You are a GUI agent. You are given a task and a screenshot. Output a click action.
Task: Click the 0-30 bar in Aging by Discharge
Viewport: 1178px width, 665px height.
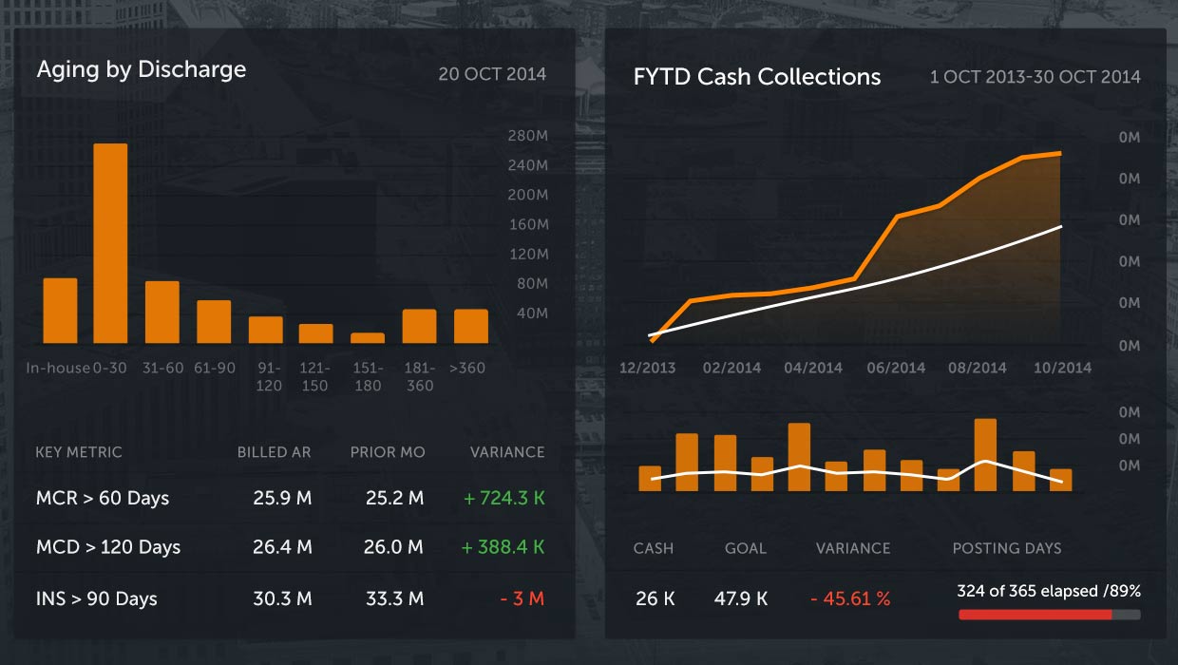[110, 243]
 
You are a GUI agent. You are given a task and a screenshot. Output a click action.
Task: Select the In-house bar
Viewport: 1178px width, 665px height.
[60, 311]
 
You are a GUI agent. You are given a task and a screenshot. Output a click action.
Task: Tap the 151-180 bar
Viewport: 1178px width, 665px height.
[368, 337]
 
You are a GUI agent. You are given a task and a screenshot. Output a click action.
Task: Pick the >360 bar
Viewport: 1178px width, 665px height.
[471, 326]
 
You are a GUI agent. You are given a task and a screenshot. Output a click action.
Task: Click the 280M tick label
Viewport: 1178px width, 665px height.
[528, 136]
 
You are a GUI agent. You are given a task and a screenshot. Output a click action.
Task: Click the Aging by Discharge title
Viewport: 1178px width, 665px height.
[142, 69]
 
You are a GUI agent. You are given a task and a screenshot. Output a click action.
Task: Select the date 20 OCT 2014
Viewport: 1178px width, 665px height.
[492, 74]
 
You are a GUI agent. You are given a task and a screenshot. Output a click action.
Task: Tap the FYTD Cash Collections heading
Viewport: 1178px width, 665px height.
[757, 77]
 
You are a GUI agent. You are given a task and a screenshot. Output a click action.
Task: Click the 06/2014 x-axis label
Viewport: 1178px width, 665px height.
[896, 368]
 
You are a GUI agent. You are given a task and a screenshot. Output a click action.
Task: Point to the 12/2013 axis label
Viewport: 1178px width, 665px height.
[647, 368]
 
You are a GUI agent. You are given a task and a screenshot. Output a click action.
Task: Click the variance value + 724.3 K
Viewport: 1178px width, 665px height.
[503, 498]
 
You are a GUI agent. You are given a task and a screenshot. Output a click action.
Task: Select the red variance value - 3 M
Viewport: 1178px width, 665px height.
[522, 598]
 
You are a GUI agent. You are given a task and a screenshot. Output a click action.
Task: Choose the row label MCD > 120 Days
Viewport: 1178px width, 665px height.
[108, 548]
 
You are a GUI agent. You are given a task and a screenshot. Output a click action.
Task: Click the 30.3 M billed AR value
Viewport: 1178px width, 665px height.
[282, 598]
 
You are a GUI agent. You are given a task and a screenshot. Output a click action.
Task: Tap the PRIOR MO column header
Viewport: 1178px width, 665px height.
[388, 452]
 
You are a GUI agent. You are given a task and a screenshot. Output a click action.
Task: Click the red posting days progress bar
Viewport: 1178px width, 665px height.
[1035, 615]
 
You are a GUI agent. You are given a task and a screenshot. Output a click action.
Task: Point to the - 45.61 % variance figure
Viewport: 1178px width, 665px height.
[850, 598]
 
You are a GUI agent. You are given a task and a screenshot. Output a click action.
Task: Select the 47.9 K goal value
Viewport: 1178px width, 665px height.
[741, 598]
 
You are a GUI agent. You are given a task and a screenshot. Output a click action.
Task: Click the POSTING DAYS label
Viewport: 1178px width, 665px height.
[1007, 548]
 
